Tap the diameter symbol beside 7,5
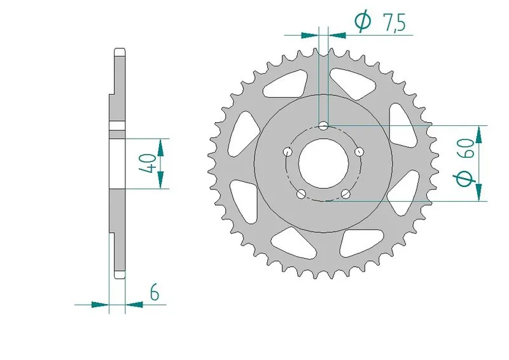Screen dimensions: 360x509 coord(363,23)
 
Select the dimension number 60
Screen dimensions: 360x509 coord(466,152)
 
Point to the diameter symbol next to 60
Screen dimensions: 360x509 coord(466,181)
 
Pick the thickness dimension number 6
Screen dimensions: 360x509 coord(154,293)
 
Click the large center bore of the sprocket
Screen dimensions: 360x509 coord(323,163)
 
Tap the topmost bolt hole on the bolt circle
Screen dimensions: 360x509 coord(324,126)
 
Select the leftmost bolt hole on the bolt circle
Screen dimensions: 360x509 coord(288,151)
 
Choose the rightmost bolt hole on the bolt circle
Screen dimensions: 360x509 coord(360,151)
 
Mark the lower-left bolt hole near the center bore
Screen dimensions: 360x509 coord(302,193)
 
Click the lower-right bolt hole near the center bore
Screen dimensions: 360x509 coord(346,193)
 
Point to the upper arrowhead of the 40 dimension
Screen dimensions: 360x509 coord(161,146)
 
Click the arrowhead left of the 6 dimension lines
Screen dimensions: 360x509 coord(100,305)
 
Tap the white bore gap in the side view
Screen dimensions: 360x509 coord(117,163)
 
